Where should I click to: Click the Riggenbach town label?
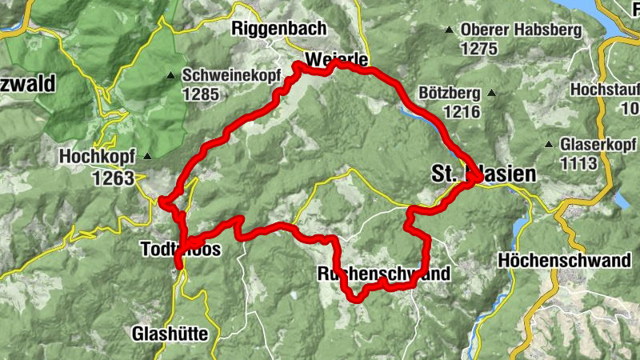(x=278, y=28)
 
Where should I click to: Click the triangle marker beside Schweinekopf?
(x=170, y=77)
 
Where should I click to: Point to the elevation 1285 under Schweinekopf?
(x=200, y=94)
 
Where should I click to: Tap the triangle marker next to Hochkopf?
(x=147, y=157)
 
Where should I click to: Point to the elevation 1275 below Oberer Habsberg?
(x=478, y=49)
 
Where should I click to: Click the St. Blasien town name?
(x=478, y=174)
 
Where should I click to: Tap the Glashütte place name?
(x=170, y=333)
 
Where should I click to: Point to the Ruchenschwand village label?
(x=383, y=274)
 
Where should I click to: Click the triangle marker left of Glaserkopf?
(x=549, y=146)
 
